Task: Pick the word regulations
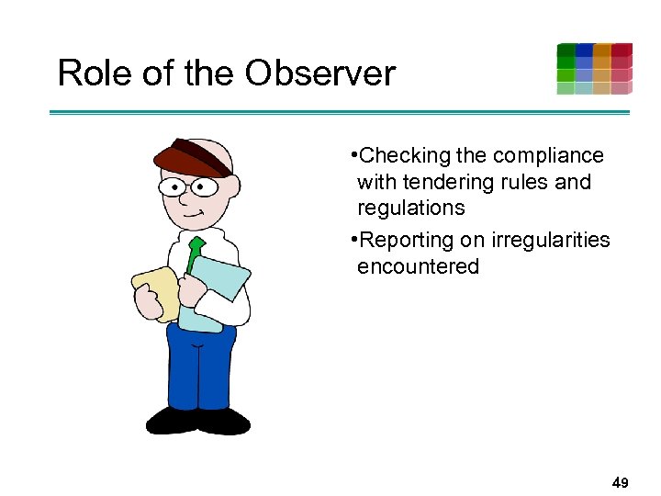410,208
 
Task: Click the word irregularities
550,240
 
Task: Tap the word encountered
418,266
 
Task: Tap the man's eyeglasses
188,187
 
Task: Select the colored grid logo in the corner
594,69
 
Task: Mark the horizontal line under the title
340,112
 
